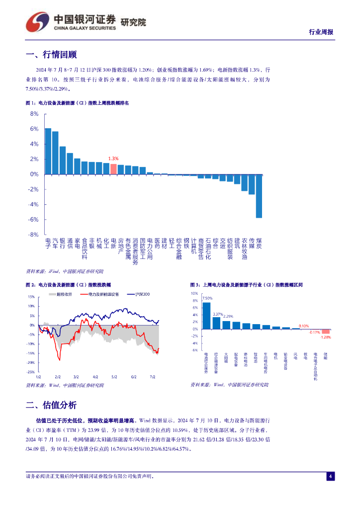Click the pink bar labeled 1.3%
(113, 169)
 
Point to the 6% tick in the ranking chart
(35, 129)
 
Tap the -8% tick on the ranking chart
(34, 235)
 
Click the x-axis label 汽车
(55, 243)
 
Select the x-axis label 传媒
(252, 243)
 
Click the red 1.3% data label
(113, 159)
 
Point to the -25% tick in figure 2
(31, 372)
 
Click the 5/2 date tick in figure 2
(114, 377)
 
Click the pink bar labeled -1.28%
(326, 332)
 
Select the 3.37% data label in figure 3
(217, 314)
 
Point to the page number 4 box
(330, 477)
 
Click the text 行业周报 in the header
(321, 32)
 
